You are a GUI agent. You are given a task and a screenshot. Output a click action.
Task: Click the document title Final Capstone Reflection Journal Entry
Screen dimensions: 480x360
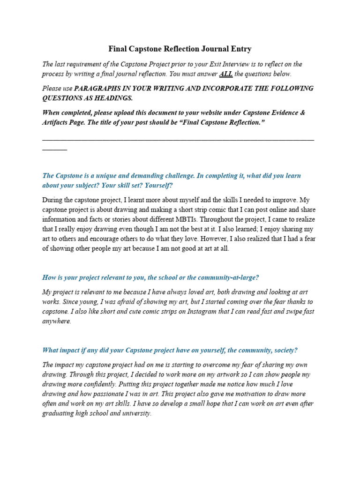(180, 49)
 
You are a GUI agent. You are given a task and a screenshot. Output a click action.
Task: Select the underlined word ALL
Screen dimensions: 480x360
(225, 74)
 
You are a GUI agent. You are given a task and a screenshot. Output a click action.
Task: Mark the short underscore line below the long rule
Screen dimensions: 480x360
(54, 149)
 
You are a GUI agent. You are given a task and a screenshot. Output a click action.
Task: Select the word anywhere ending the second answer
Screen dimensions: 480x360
(56, 322)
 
